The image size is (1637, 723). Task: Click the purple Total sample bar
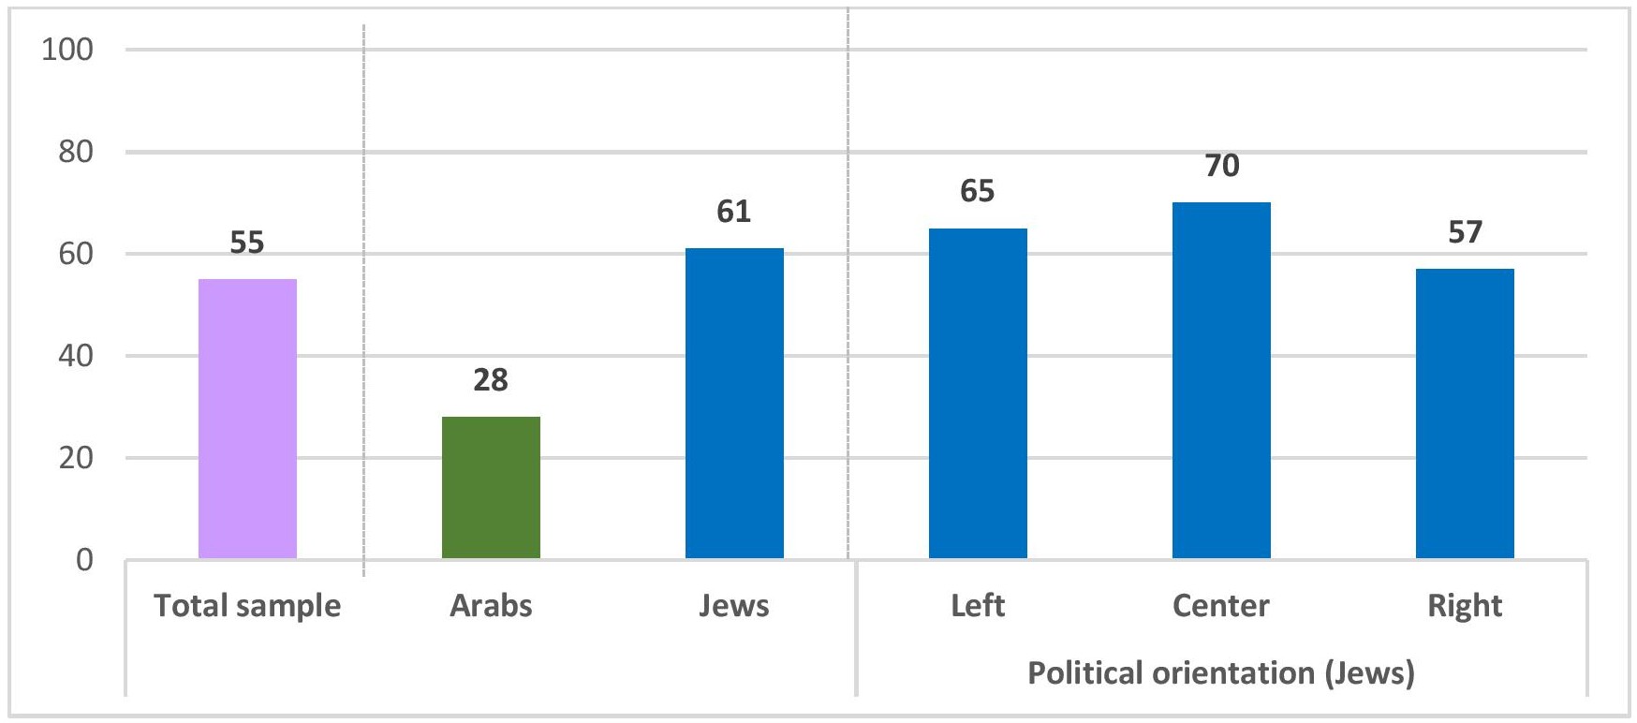(247, 419)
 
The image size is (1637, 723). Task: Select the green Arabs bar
(491, 487)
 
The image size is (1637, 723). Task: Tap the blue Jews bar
(734, 403)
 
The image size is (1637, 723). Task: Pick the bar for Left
(978, 393)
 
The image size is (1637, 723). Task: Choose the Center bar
(1221, 380)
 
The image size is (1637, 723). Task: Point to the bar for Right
(1465, 413)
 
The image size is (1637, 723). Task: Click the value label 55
(247, 243)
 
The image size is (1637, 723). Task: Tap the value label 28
(491, 380)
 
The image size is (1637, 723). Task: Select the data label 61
(734, 213)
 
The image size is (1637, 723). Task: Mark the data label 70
(1221, 167)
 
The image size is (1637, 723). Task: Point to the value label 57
(1465, 233)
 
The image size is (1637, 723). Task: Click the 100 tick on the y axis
(67, 50)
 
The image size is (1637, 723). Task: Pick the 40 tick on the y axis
(75, 356)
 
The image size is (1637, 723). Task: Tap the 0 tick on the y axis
(84, 560)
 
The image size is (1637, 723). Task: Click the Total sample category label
(247, 606)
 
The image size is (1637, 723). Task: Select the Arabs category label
(491, 606)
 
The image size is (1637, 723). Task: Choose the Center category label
(1221, 606)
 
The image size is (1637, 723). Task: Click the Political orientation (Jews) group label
(1221, 673)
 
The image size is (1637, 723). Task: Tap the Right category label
(1465, 606)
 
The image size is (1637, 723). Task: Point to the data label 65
(978, 192)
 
